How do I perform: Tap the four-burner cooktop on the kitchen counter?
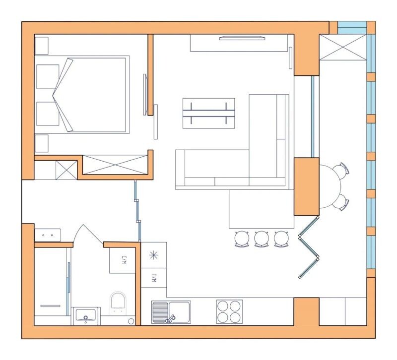(x=229, y=312)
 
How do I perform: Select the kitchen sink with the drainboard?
(x=171, y=312)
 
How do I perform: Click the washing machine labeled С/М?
(x=123, y=260)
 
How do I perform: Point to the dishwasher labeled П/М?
(x=154, y=278)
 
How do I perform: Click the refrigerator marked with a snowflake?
(x=154, y=255)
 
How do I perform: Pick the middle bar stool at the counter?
(x=262, y=239)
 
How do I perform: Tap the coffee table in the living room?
(x=208, y=113)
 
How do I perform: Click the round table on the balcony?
(x=330, y=186)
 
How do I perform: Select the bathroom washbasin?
(x=85, y=316)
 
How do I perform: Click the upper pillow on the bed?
(x=48, y=77)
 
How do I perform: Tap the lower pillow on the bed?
(x=48, y=114)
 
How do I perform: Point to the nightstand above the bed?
(x=42, y=46)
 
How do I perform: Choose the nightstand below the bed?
(x=42, y=143)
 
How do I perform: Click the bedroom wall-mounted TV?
(x=145, y=95)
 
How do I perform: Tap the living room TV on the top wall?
(x=242, y=38)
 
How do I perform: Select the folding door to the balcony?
(x=309, y=247)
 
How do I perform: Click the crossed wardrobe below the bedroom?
(x=115, y=165)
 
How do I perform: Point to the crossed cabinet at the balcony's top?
(x=343, y=47)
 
